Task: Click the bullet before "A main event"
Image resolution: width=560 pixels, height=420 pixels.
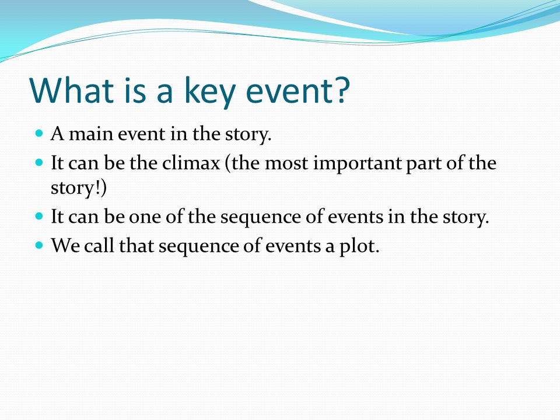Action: point(40,134)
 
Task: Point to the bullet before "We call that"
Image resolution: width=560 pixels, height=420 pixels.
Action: point(40,246)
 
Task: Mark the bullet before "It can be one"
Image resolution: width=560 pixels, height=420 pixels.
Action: point(40,216)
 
